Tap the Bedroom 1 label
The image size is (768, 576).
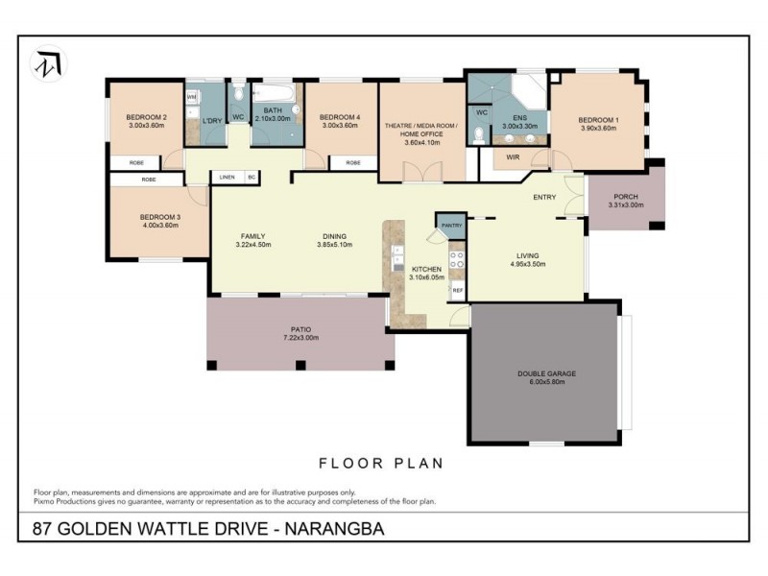click(x=599, y=120)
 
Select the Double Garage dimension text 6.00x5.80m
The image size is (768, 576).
click(x=546, y=382)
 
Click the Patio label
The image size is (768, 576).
click(x=300, y=328)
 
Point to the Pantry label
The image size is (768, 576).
click(x=451, y=226)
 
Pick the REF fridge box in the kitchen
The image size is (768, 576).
click(x=458, y=289)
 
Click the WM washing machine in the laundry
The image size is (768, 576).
click(x=192, y=97)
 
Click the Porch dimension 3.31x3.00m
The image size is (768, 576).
click(x=626, y=205)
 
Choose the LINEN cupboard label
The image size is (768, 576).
click(x=227, y=178)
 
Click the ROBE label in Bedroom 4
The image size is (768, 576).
click(x=352, y=163)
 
